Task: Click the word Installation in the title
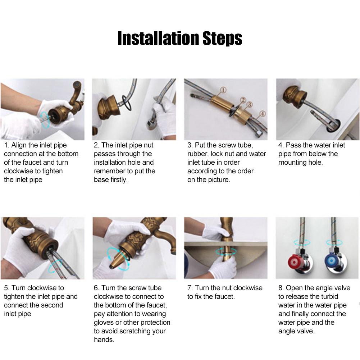pyautogui.click(x=158, y=38)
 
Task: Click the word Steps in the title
pyautogui.click(x=222, y=39)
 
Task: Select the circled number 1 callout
pyautogui.click(x=223, y=90)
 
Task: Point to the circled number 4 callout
pyautogui.click(x=263, y=113)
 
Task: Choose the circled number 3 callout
pyautogui.click(x=250, y=105)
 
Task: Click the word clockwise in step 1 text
pyautogui.click(x=19, y=171)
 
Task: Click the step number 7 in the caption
pyautogui.click(x=190, y=288)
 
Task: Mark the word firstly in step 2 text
pyautogui.click(x=119, y=179)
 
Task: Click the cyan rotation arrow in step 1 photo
pyautogui.click(x=45, y=120)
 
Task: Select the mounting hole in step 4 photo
pyautogui.click(x=333, y=126)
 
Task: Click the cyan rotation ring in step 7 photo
pyautogui.click(x=226, y=251)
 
